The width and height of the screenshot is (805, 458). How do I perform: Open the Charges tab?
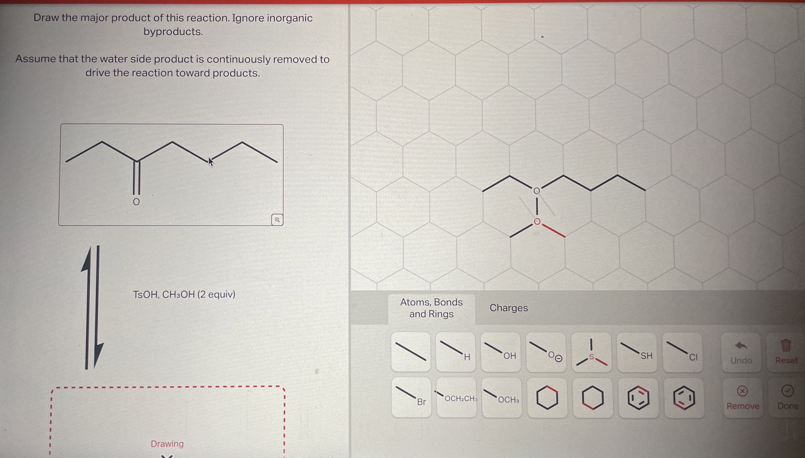[509, 308]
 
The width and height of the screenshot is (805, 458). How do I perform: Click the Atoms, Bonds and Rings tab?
[431, 308]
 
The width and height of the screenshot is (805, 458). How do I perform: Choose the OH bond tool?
[500, 352]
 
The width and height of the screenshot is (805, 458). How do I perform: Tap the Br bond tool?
[411, 398]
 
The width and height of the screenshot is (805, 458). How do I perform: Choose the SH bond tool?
[637, 352]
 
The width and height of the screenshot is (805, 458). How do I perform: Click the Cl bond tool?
[682, 352]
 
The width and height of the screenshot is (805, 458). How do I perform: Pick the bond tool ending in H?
[455, 352]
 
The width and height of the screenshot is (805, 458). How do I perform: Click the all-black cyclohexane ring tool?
[547, 398]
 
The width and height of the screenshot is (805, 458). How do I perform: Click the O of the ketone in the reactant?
[136, 202]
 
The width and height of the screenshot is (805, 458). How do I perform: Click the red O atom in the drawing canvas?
[537, 222]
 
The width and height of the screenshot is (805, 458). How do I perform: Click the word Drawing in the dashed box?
[167, 444]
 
